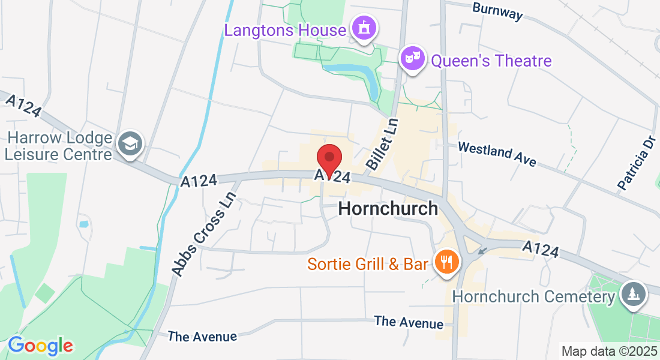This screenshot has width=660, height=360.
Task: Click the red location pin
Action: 329,158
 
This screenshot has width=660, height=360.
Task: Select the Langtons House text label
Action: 285,29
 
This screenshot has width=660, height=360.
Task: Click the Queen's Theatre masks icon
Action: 412,59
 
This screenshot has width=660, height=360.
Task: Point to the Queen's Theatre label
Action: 491,61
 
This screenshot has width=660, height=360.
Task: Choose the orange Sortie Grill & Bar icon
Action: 445,262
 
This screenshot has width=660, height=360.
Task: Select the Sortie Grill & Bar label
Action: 368,264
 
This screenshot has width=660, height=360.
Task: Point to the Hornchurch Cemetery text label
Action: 533,296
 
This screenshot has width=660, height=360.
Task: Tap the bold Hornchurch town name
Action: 388,208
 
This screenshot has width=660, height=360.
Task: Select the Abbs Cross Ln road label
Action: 203,234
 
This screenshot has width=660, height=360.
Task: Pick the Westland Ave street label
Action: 497,154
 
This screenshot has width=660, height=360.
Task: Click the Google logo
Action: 40,346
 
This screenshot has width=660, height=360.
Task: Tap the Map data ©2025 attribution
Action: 609,351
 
